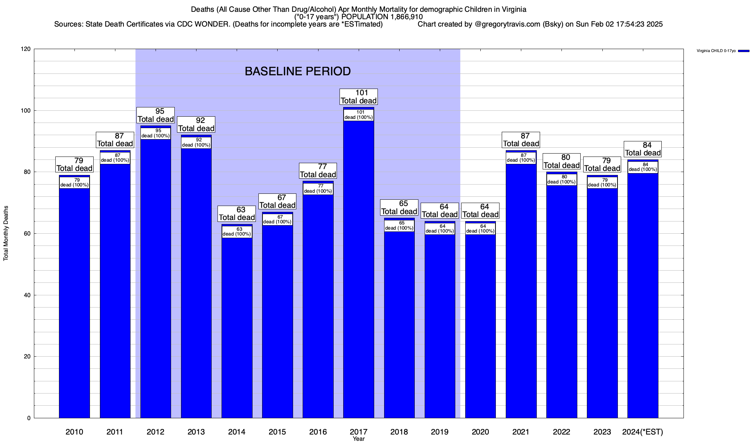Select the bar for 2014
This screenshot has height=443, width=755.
pyautogui.click(x=237, y=325)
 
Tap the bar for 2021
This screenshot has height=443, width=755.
pyautogui.click(x=521, y=288)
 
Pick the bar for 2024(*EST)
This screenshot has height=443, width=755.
pyautogui.click(x=643, y=292)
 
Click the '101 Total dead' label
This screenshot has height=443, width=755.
pyautogui.click(x=358, y=97)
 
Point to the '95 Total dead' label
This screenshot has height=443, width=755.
pyautogui.click(x=156, y=115)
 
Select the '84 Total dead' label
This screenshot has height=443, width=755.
pyautogui.click(x=643, y=149)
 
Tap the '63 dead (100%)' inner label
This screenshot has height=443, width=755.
pyautogui.click(x=237, y=231)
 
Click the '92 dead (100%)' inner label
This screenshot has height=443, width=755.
pyautogui.click(x=196, y=142)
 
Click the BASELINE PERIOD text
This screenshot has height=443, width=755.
pyautogui.click(x=298, y=71)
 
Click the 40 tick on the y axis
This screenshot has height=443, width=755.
pyautogui.click(x=27, y=295)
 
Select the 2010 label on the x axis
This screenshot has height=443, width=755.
pyautogui.click(x=74, y=432)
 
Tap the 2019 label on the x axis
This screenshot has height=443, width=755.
pyautogui.click(x=440, y=432)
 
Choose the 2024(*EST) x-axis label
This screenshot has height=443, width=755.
pyautogui.click(x=643, y=432)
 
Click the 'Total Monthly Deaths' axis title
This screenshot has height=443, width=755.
pyautogui.click(x=6, y=233)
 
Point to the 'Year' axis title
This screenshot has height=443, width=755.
pyautogui.click(x=358, y=439)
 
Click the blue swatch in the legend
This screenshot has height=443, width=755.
pyautogui.click(x=744, y=51)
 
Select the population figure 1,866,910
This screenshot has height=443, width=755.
pyautogui.click(x=401, y=17)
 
